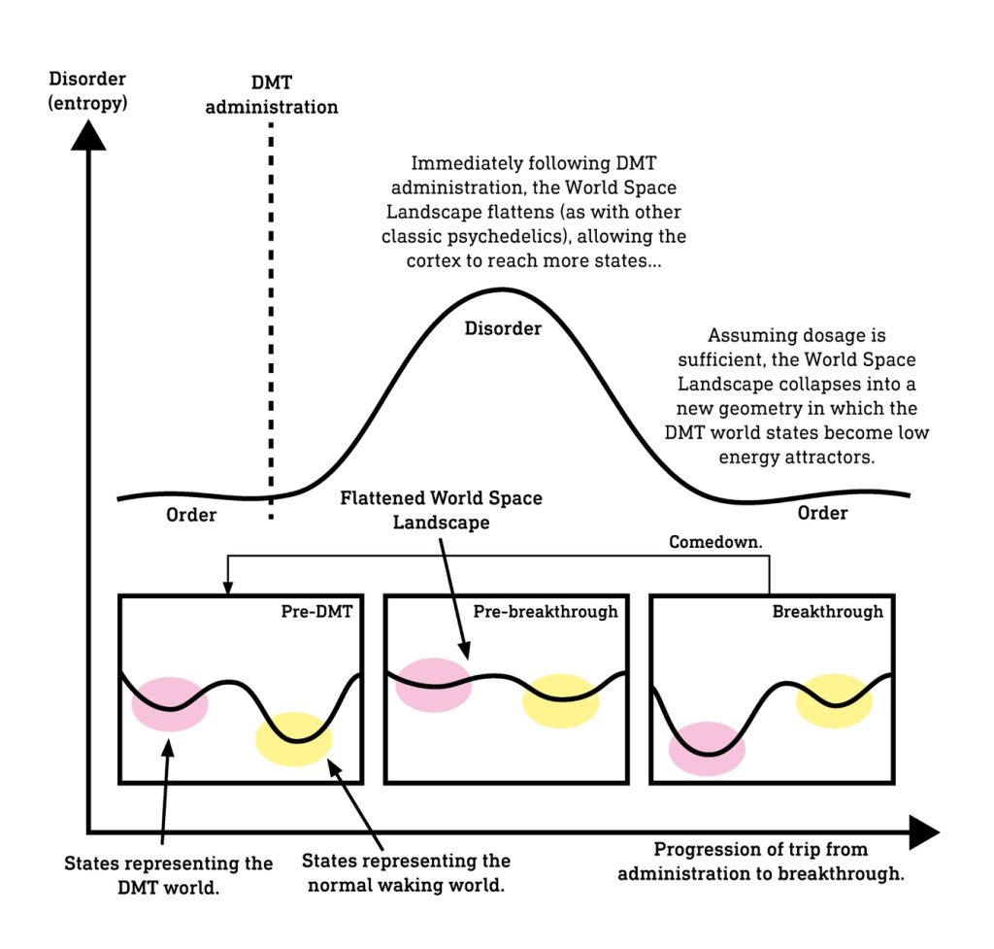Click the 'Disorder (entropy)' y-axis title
(x=87, y=90)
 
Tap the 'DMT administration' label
(x=272, y=95)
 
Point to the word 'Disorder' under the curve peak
(x=503, y=328)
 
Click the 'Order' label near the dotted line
(x=191, y=515)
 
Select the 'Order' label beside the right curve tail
(x=822, y=513)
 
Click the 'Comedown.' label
(x=715, y=542)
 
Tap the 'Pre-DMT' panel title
(x=316, y=612)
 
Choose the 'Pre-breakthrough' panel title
(x=546, y=612)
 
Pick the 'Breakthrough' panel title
(x=827, y=612)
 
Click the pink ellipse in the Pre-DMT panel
(x=170, y=704)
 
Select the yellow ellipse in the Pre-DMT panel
(x=294, y=739)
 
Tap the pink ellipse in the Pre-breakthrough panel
(x=434, y=685)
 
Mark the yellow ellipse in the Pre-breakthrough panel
(x=561, y=700)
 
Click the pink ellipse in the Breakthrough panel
(x=707, y=749)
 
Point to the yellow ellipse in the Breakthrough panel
(x=834, y=700)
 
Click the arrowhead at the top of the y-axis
(x=88, y=135)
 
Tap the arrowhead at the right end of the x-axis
(x=924, y=831)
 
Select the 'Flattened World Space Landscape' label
(x=442, y=510)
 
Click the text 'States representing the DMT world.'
(x=169, y=875)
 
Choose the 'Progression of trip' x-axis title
(x=761, y=862)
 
